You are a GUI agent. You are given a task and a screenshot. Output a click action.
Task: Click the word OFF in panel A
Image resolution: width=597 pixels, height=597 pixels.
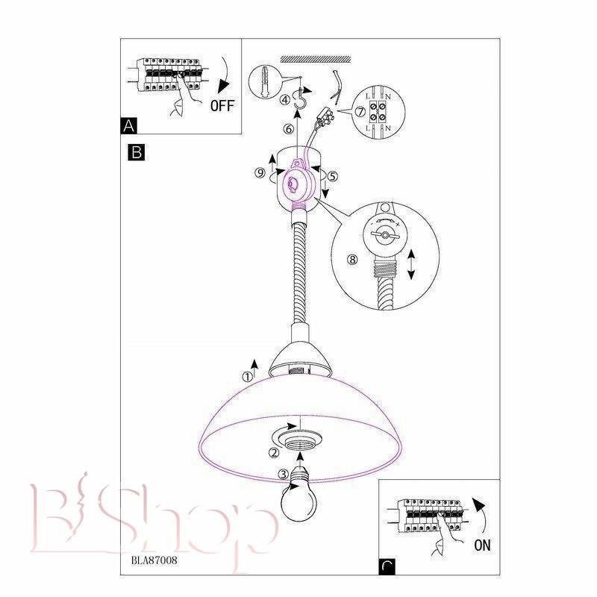click(x=222, y=105)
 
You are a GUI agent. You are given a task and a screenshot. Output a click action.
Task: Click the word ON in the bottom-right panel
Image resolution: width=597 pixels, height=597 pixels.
click(x=482, y=546)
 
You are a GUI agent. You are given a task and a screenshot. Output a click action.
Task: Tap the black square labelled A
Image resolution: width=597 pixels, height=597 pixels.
click(x=128, y=125)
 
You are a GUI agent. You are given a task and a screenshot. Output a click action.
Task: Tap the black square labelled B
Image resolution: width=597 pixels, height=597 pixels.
click(x=137, y=152)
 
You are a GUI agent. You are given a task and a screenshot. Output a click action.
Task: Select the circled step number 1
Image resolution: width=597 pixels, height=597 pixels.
click(x=248, y=377)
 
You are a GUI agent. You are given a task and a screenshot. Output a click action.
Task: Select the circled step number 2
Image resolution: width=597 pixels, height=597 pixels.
click(x=274, y=453)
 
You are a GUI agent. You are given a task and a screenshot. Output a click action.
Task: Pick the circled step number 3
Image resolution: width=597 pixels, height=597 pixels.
click(x=284, y=475)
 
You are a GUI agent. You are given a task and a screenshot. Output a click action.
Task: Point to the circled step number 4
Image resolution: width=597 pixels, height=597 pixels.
click(x=285, y=100)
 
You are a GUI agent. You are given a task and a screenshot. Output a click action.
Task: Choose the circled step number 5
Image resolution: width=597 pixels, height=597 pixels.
click(x=332, y=176)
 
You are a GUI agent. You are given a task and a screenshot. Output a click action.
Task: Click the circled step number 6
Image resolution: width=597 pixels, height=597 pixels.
click(x=289, y=129)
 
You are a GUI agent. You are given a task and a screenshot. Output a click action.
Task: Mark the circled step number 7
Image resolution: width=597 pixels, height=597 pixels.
click(x=360, y=112)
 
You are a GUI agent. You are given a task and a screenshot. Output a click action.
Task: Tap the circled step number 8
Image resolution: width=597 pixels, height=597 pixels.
click(x=352, y=260)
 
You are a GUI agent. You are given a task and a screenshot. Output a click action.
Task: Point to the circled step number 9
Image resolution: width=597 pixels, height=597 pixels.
click(x=260, y=173)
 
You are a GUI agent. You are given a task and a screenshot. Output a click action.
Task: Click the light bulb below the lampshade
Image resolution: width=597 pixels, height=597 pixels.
click(x=299, y=498)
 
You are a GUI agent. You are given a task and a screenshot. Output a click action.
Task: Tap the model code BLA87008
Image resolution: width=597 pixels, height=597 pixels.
click(x=154, y=560)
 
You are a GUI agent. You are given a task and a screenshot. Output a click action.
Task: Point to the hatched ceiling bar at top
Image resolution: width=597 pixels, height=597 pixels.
click(x=316, y=59)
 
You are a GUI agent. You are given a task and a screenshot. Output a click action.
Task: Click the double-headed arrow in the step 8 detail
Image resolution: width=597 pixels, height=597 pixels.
click(x=411, y=265)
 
